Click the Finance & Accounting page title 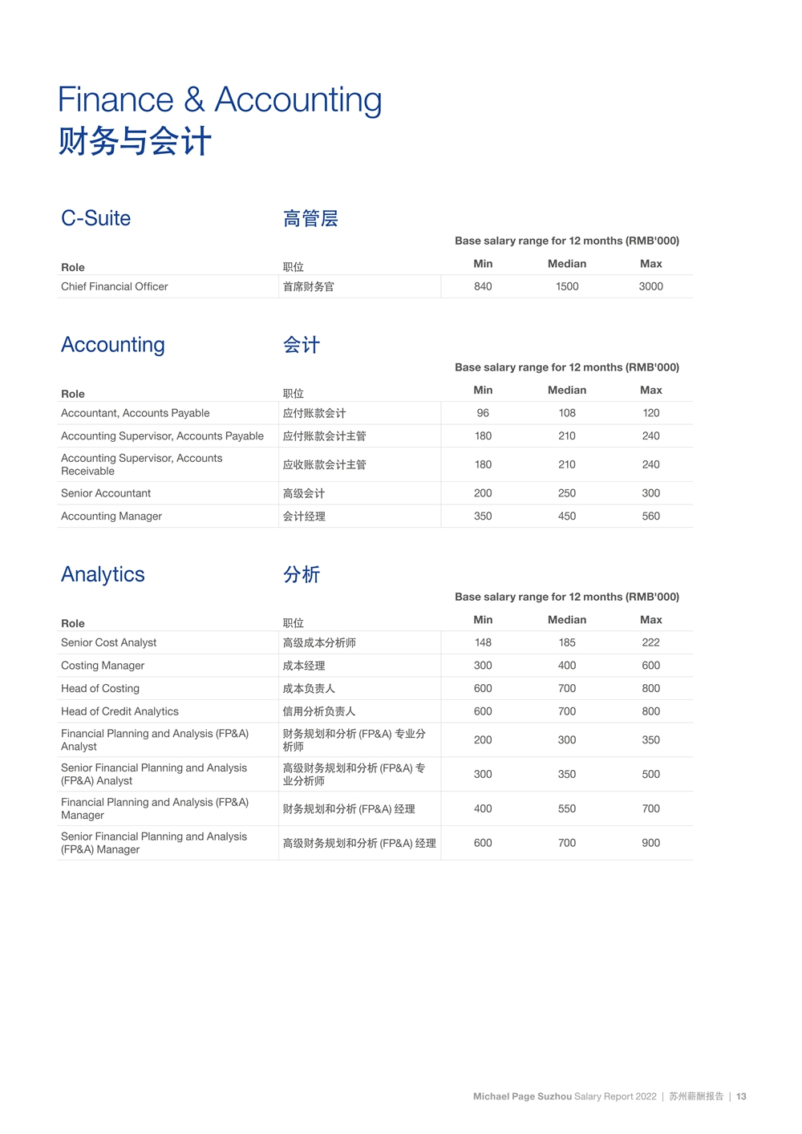[x=219, y=100]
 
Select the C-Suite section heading [x=95, y=218]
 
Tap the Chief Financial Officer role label [x=115, y=286]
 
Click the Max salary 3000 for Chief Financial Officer [x=650, y=286]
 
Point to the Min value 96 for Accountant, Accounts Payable [x=483, y=413]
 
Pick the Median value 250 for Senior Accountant [x=567, y=493]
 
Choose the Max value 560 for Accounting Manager [x=650, y=516]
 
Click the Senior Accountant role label [x=106, y=493]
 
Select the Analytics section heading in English [x=103, y=574]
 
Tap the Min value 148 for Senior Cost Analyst [x=483, y=642]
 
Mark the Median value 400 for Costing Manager [x=567, y=666]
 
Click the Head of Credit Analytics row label [x=119, y=711]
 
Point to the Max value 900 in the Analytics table [x=650, y=843]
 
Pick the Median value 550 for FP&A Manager [x=567, y=808]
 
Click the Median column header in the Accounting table [x=567, y=391]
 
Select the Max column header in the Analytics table [x=650, y=620]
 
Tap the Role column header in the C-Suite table [x=73, y=267]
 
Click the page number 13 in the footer [x=741, y=1096]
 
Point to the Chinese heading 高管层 [x=310, y=218]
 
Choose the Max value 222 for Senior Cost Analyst [x=650, y=642]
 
